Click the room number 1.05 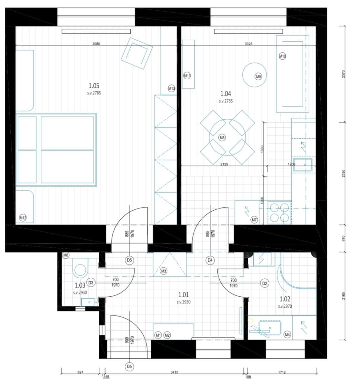[x=94, y=86]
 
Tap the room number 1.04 [x=225, y=94]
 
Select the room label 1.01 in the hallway [x=184, y=294]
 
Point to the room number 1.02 [x=285, y=299]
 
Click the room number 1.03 [x=80, y=285]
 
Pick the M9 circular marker [x=258, y=77]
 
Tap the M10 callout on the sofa [x=282, y=56]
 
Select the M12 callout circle [x=23, y=218]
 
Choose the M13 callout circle [x=171, y=88]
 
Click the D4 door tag [x=210, y=260]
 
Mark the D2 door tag [x=265, y=283]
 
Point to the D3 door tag [x=91, y=283]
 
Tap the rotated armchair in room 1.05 [x=136, y=53]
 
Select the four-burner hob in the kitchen [x=279, y=213]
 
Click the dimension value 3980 [x=96, y=44]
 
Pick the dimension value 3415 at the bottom [x=174, y=372]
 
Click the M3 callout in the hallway [x=164, y=272]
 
